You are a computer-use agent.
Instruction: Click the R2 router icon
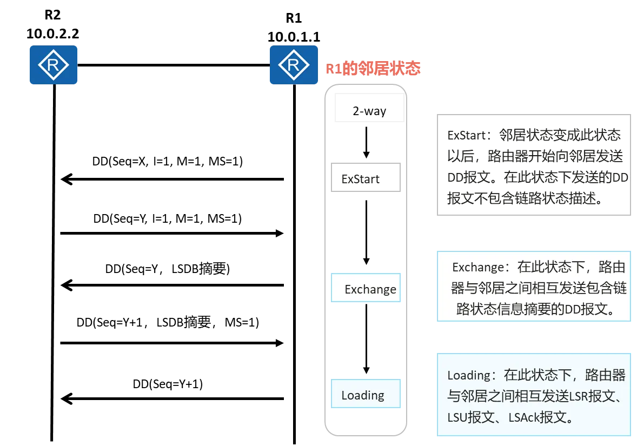coord(53,65)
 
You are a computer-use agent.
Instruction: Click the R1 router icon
coord(294,65)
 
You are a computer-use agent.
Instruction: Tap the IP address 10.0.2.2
coord(53,34)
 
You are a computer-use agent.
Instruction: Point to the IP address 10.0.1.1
coord(294,37)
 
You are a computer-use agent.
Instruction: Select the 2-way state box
coord(369,108)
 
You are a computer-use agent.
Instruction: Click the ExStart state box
coord(366,177)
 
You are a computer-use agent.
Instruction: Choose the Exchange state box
coord(366,288)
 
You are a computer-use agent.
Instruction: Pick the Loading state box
coord(366,394)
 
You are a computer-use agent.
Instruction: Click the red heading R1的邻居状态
coord(373,68)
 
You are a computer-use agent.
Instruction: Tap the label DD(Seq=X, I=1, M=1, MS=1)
coord(168,161)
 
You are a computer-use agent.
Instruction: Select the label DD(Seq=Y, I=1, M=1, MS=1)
coord(168,218)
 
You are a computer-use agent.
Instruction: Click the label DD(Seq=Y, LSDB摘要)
coord(168,269)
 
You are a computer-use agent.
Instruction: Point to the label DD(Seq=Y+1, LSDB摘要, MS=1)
coord(168,322)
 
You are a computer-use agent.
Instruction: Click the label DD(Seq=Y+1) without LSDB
coord(168,384)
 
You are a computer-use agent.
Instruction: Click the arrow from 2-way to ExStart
coord(367,143)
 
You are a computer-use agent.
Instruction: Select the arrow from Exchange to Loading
coord(367,339)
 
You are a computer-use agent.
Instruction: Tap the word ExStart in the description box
coord(466,135)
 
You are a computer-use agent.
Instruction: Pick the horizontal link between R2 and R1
coord(174,65)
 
